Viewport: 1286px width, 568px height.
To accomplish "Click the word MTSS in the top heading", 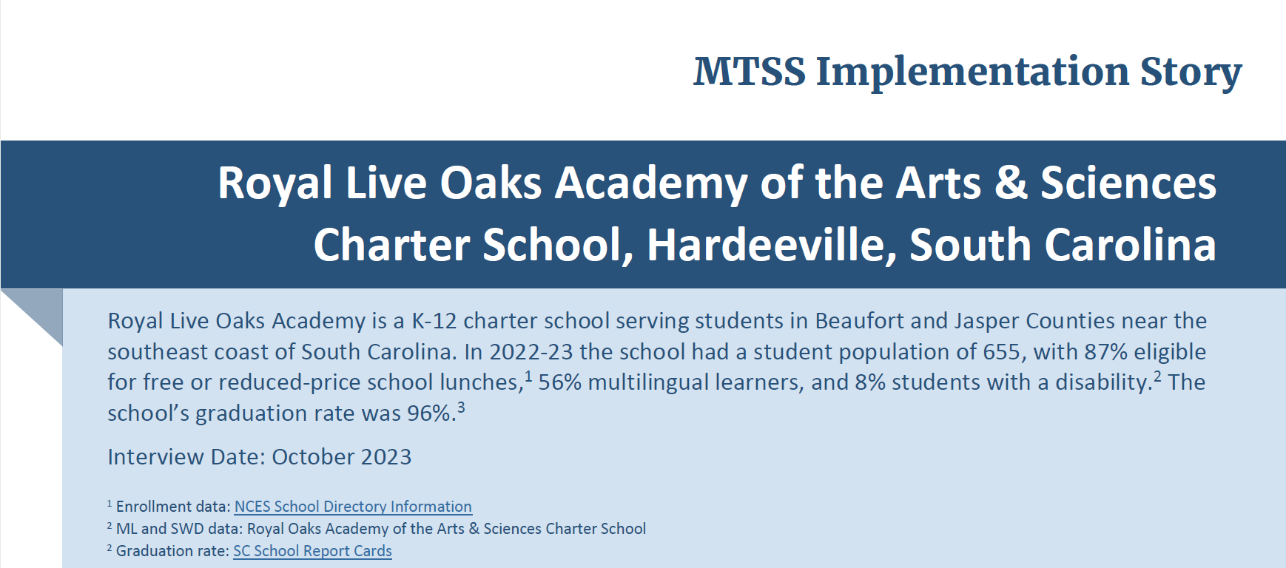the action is pyautogui.click(x=750, y=72).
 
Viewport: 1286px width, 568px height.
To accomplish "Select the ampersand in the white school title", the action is pyautogui.click(x=1011, y=183).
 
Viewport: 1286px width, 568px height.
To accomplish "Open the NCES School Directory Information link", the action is pyautogui.click(x=353, y=507).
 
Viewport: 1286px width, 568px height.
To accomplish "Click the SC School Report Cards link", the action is pyautogui.click(x=312, y=551).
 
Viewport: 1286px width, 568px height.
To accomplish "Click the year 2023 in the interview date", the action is pyautogui.click(x=387, y=457).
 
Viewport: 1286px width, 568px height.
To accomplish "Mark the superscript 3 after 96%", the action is pyautogui.click(x=461, y=407).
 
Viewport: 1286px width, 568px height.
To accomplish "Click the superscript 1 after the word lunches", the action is pyautogui.click(x=528, y=376).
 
